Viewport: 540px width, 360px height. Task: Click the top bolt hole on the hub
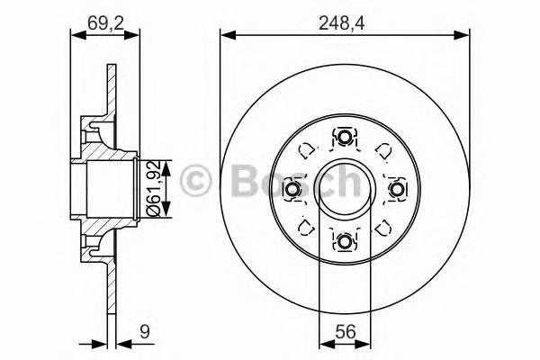(345, 138)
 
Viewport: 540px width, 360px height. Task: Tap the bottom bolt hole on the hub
(345, 241)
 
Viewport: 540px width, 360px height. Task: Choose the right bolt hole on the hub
(397, 190)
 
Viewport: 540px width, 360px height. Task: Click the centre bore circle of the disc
(345, 190)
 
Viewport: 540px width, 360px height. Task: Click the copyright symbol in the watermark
(195, 180)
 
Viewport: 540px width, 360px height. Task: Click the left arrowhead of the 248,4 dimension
(226, 35)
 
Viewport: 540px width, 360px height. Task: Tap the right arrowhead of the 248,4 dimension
(464, 35)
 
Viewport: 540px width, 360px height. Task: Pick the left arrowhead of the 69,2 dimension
(76, 35)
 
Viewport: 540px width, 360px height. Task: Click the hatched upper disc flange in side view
(109, 90)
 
